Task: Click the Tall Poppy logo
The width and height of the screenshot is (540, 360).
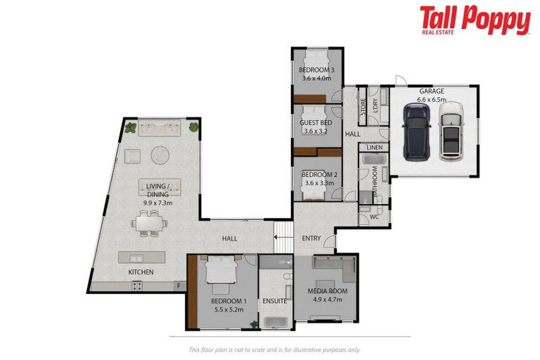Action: click(475, 20)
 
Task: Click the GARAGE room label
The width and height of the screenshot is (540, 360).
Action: click(432, 92)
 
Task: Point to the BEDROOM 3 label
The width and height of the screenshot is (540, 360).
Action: click(316, 70)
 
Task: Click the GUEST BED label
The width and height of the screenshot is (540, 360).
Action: click(316, 123)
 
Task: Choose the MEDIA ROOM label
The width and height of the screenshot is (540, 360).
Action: click(328, 290)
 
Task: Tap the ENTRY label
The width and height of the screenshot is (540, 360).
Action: click(311, 238)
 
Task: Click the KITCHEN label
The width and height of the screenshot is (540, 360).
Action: click(141, 271)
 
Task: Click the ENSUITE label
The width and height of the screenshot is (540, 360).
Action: click(275, 301)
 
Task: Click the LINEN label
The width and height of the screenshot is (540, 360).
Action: click(374, 148)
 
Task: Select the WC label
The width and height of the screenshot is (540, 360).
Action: click(374, 217)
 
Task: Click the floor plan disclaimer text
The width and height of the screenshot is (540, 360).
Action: click(275, 349)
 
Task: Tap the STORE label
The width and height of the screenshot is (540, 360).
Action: click(364, 107)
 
